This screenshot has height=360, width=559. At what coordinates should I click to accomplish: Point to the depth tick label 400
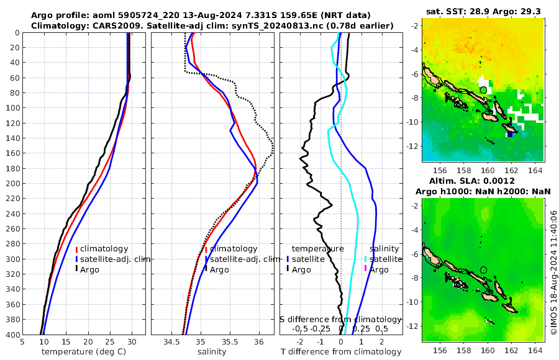12,335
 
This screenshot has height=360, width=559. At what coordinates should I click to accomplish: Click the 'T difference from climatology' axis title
340,352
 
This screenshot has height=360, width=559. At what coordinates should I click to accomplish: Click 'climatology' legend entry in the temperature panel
104,249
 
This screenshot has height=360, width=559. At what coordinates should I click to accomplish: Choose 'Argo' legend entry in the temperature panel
89,269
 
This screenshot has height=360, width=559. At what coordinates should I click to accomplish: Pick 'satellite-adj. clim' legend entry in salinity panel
244,259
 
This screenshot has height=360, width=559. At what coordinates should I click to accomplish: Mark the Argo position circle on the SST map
483,90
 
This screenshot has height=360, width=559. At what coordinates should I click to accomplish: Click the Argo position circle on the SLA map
483,270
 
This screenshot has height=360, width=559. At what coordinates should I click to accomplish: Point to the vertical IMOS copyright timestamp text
553,271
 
